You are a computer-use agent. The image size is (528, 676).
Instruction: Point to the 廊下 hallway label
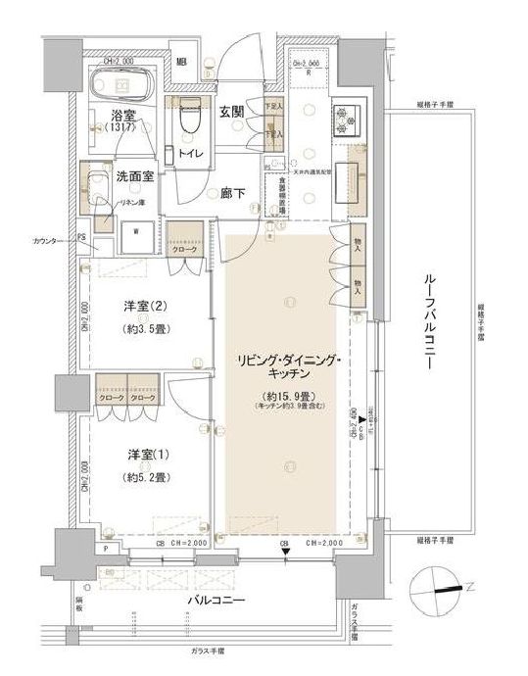(x=231, y=194)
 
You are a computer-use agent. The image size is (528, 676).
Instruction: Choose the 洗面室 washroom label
(x=135, y=177)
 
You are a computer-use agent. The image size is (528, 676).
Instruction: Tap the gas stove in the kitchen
(x=348, y=119)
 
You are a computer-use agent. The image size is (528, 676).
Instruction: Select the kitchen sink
(x=349, y=178)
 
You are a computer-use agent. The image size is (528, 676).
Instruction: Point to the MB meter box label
(x=182, y=65)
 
